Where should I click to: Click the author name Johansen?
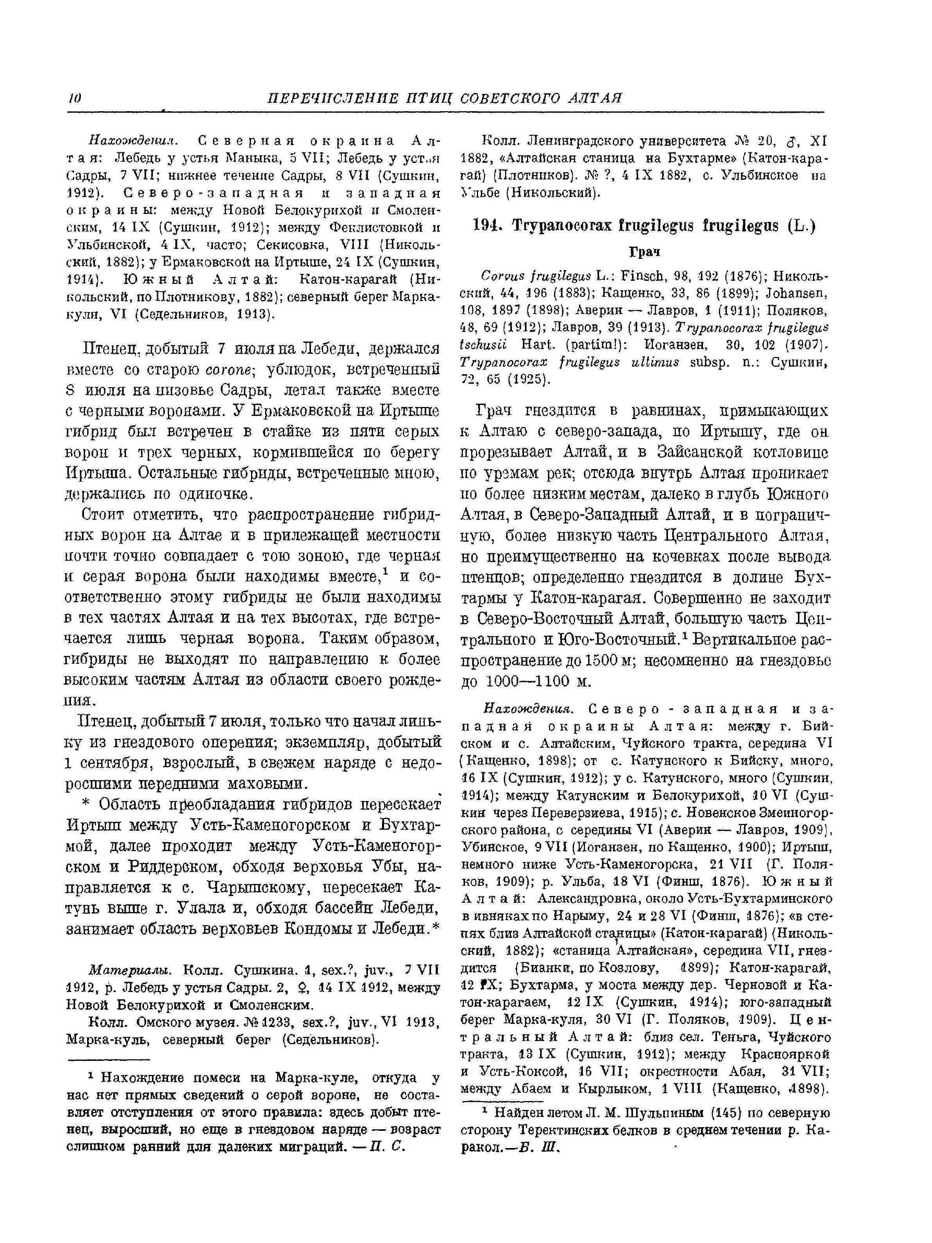pos(803,293)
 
